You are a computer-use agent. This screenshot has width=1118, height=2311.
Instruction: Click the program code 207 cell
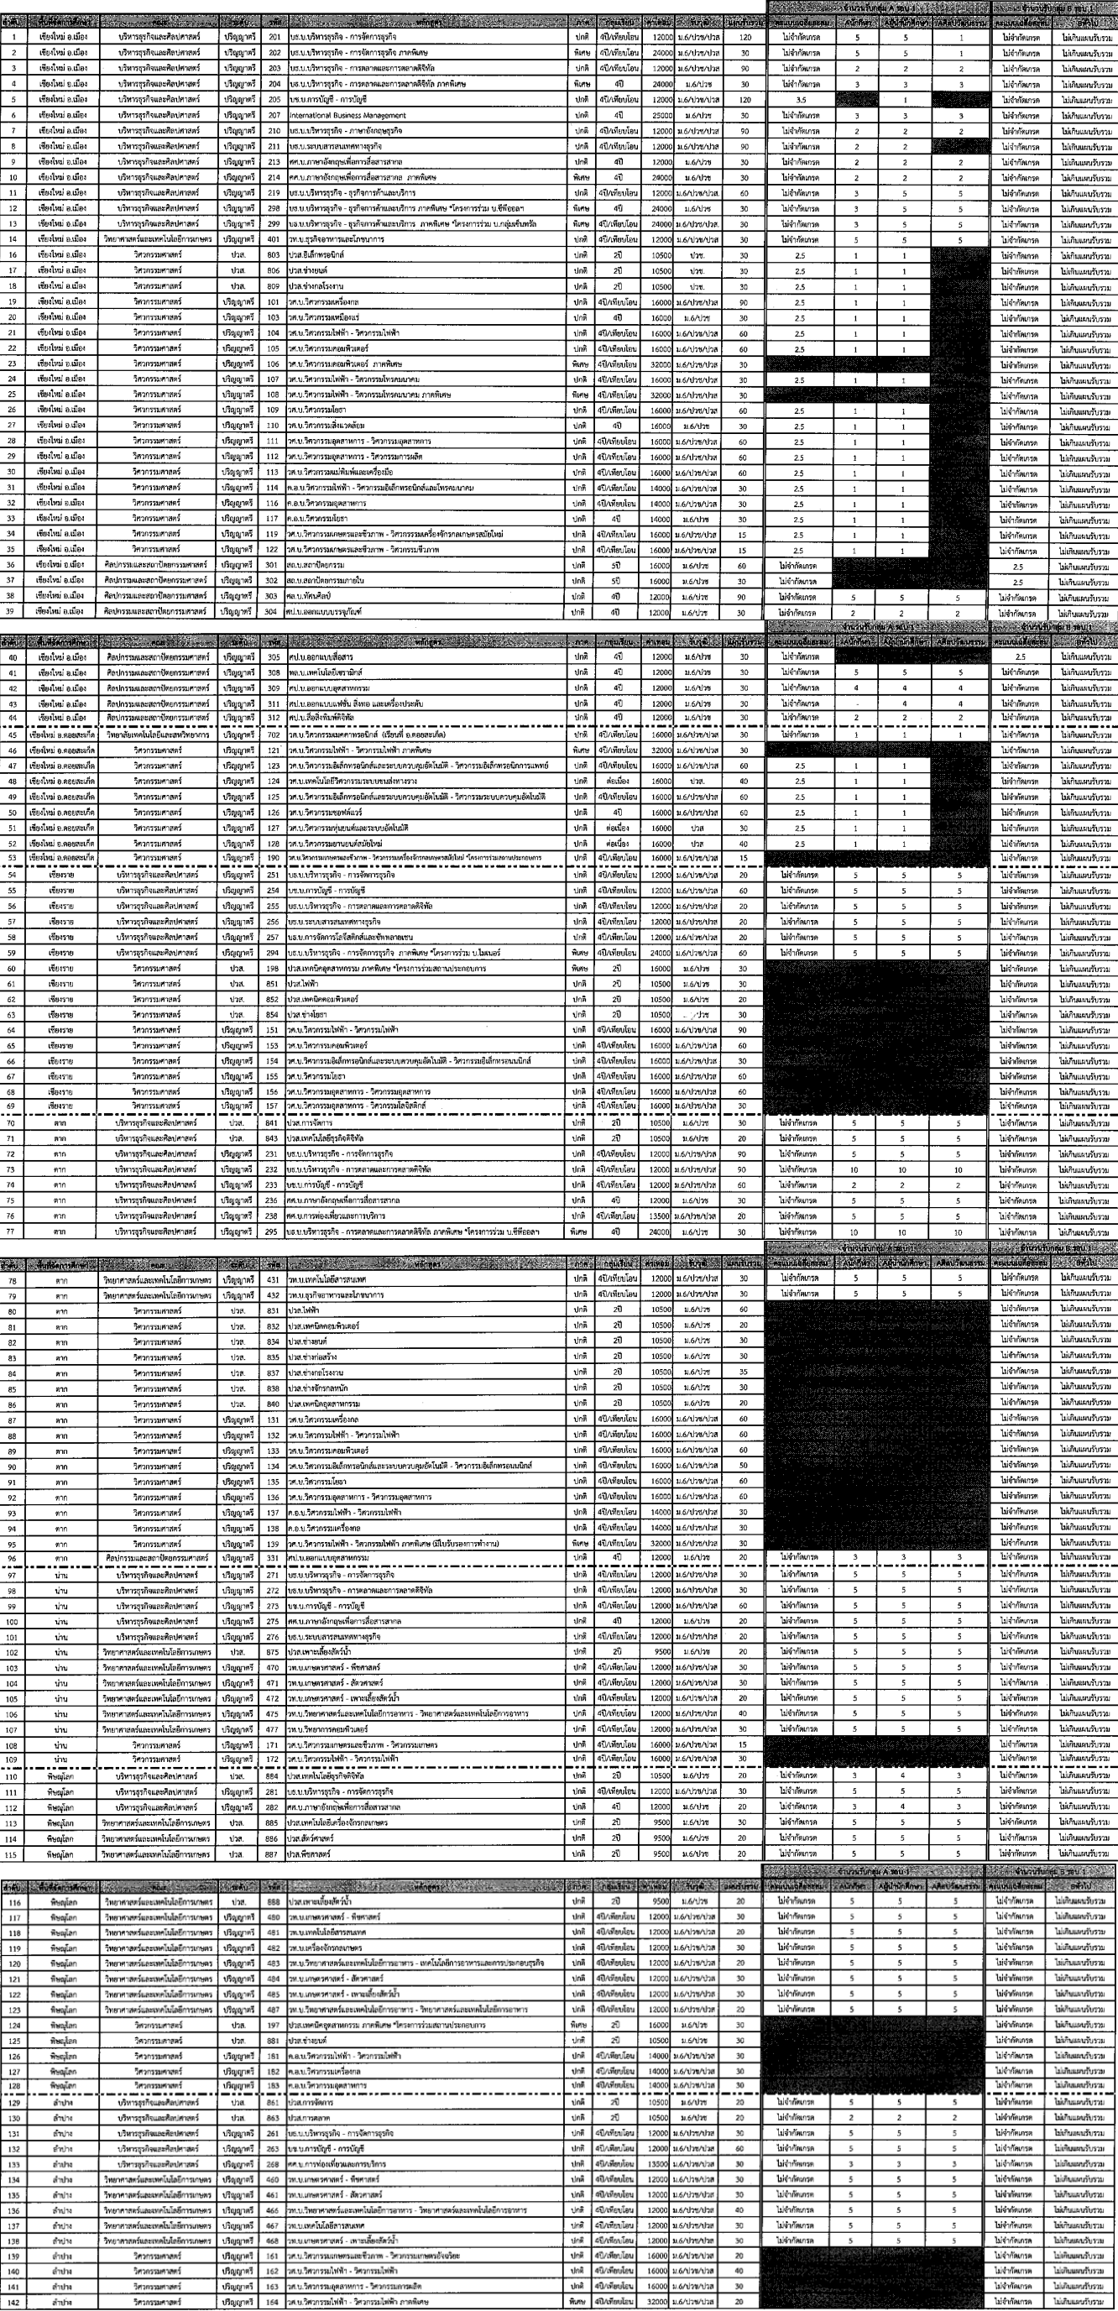tap(274, 115)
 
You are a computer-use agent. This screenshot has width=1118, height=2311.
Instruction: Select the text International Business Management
tap(347, 115)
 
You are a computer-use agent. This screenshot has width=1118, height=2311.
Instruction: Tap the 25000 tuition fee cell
tap(661, 115)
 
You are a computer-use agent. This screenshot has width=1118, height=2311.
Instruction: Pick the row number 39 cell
tap(14, 613)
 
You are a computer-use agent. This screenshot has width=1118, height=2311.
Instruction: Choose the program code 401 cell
tap(274, 239)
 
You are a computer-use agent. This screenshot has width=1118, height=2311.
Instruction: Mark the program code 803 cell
tap(274, 255)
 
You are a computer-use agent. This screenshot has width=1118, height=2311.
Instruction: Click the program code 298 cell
tap(274, 208)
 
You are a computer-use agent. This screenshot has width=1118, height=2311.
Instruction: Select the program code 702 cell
tap(274, 734)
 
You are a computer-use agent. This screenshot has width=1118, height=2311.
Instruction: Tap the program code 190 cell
tap(274, 858)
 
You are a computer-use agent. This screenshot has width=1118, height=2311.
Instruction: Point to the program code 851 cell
tap(274, 984)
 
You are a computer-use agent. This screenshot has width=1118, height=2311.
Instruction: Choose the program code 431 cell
tap(274, 1278)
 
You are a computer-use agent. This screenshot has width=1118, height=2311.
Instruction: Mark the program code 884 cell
tap(274, 1775)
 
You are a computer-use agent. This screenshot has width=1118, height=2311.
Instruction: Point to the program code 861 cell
tap(274, 2102)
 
